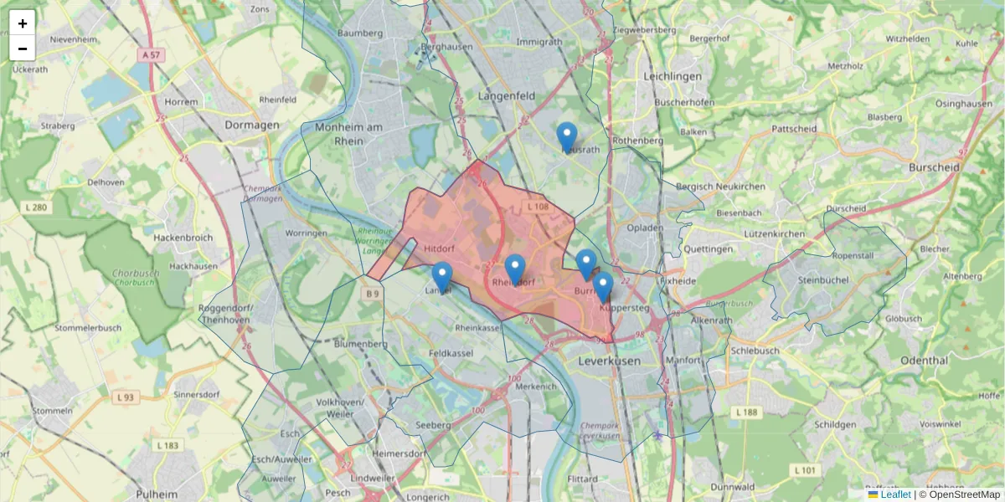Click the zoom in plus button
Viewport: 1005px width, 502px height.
click(23, 23)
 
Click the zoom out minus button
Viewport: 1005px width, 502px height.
click(23, 49)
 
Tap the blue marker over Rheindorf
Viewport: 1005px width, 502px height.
click(515, 269)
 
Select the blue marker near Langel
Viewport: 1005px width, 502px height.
click(441, 276)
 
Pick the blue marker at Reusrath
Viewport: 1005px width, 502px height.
click(567, 136)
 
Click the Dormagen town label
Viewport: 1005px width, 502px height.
click(252, 125)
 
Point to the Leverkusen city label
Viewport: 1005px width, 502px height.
click(609, 361)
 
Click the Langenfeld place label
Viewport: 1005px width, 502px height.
click(507, 96)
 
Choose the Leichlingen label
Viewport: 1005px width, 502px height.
click(673, 76)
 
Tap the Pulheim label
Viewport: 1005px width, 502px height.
click(155, 494)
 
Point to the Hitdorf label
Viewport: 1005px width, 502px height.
click(439, 249)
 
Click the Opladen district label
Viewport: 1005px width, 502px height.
click(645, 228)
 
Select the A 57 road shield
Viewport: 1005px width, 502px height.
click(151, 54)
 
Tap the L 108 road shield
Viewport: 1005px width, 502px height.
click(537, 206)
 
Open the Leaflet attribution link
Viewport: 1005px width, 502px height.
click(894, 494)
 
